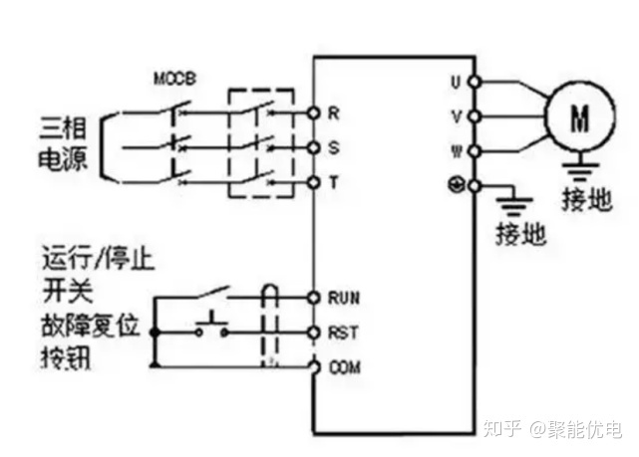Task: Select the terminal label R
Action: click(335, 113)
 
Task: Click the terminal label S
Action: click(335, 147)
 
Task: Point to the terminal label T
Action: click(335, 182)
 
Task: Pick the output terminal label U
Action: click(456, 80)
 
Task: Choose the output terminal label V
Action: click(456, 115)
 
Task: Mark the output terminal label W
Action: click(456, 151)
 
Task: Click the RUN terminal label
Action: click(344, 297)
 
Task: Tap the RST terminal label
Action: click(343, 332)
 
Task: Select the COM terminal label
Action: click(344, 366)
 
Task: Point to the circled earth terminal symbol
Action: click(455, 186)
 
